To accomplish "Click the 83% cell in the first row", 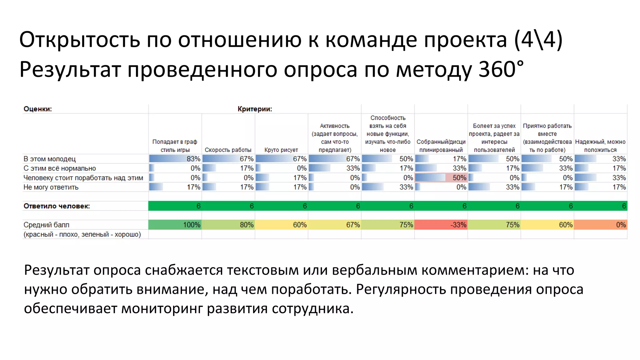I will click(x=175, y=159).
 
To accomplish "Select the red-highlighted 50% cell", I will click(x=441, y=177).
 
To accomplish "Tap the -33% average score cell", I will click(x=441, y=225).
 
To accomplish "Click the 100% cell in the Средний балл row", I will click(x=175, y=225).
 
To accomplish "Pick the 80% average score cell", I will click(x=228, y=225).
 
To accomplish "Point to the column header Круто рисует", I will click(x=281, y=150).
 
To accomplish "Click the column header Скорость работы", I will click(x=228, y=150).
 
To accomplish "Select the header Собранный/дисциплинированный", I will click(x=441, y=146).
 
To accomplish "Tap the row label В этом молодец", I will click(x=49, y=159).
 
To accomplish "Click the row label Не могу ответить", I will click(x=51, y=187).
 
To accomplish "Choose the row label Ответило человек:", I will click(x=57, y=206).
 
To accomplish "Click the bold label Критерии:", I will click(x=255, y=109).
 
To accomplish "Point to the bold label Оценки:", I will click(x=37, y=109).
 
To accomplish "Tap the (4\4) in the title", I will click(x=538, y=40).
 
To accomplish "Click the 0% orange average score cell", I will click(x=600, y=225).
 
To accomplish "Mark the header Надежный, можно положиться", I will click(x=600, y=146).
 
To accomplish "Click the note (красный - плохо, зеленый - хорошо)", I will click(x=82, y=234).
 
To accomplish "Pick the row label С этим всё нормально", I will click(x=59, y=168).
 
